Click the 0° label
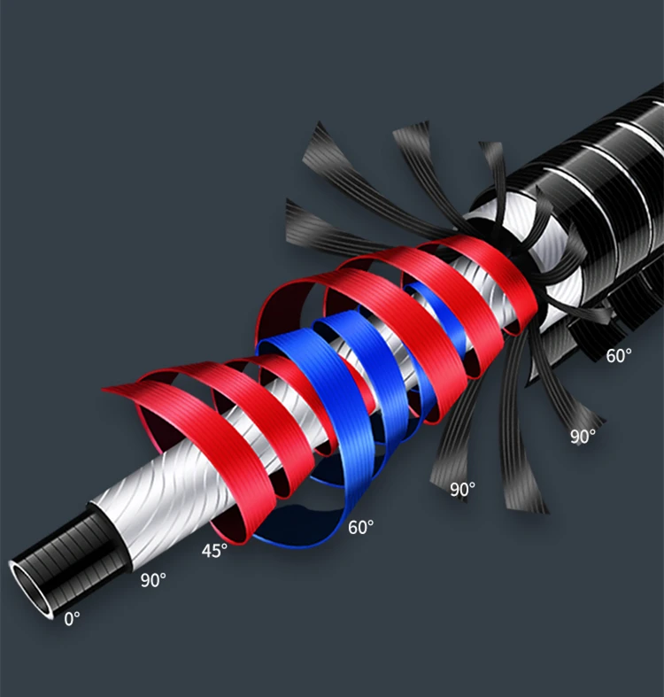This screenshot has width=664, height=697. coord(72,619)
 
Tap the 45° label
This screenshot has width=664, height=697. coord(214,551)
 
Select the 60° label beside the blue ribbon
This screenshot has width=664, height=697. coord(360,527)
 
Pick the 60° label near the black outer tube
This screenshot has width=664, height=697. coord(619,356)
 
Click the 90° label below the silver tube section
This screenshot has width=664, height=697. coord(153,580)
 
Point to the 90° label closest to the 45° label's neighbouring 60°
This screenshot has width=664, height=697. coord(463,490)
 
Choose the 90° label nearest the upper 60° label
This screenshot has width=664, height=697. coord(583,437)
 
